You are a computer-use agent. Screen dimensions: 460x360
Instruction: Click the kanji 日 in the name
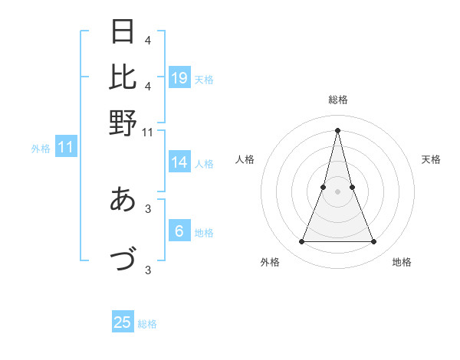123,33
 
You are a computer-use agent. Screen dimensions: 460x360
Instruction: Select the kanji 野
123,123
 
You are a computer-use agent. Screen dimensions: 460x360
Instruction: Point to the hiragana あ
123,200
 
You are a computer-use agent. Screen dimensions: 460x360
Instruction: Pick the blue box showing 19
179,78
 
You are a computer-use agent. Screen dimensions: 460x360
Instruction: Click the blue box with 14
179,162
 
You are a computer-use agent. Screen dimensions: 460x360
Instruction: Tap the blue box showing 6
179,231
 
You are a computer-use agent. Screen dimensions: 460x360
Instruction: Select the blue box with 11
65,148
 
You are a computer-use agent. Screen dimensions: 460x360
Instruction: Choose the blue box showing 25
123,322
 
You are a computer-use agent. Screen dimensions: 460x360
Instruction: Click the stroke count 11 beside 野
148,133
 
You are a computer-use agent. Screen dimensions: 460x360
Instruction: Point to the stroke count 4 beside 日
148,40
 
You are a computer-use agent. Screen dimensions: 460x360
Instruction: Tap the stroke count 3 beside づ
148,269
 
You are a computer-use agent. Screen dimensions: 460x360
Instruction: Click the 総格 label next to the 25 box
147,324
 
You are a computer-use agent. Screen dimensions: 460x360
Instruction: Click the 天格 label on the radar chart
431,159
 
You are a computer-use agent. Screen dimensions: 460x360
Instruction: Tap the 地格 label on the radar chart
402,262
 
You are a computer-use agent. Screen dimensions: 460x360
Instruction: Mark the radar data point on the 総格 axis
337,130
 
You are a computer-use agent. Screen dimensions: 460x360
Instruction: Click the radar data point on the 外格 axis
301,242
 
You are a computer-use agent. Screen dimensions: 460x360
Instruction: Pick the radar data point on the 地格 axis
374,242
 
